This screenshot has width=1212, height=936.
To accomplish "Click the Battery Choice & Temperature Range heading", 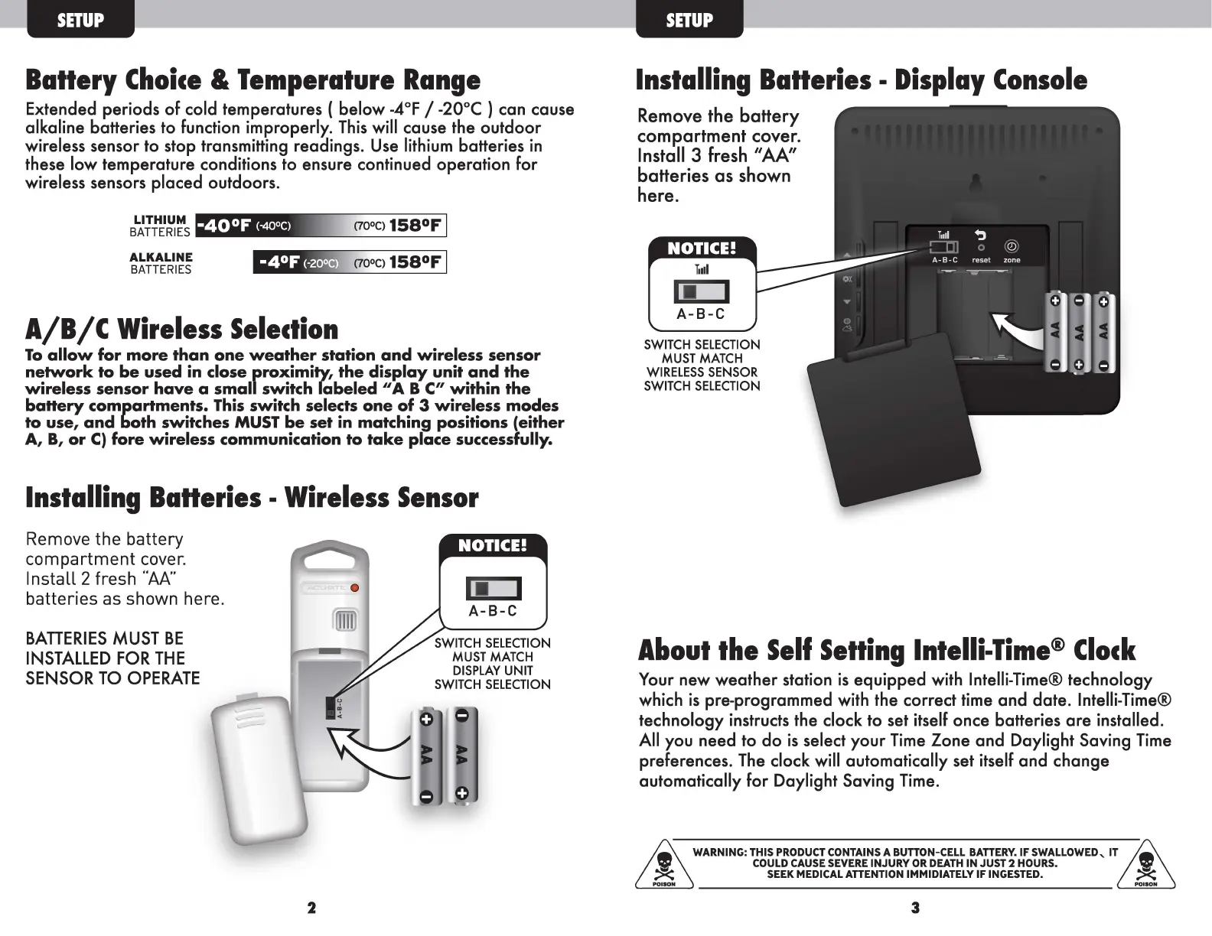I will coord(252,80).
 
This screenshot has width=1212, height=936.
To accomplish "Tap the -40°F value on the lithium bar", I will coord(223,226).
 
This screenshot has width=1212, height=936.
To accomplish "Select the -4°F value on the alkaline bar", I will coord(278,262).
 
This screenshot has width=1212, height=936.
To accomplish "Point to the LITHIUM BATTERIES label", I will coord(159,226).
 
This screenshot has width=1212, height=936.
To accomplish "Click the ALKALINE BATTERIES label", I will coord(161,263).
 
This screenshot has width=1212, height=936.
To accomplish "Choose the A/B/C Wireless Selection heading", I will coord(181,330).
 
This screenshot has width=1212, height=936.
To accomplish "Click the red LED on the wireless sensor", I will coord(354,588).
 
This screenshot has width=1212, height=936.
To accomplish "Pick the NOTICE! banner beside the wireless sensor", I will coord(493,545).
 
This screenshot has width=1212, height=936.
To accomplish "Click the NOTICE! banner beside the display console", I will coord(702,249).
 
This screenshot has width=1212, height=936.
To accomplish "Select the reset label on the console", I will coord(981,261).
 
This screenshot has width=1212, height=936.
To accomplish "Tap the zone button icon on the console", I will coord(1012,247).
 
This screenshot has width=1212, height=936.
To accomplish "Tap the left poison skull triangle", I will coord(664,865).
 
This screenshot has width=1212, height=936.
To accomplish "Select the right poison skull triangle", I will coord(1145,865).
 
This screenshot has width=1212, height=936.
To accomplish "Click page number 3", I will coord(915,908).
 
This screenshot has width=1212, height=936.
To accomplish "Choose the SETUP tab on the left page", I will coord(80,21).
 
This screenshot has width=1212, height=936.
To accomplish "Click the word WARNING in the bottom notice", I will coord(719,853).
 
